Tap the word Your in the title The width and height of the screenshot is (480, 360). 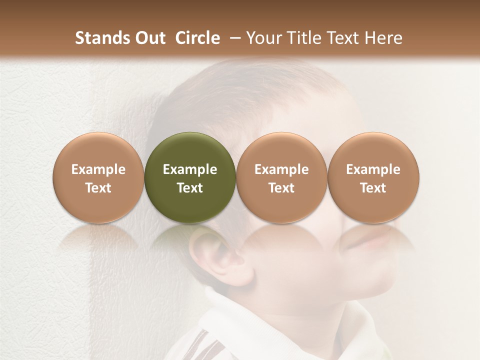point(265,38)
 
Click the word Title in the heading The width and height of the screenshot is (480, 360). point(303,38)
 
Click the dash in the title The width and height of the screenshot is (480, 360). point(233,38)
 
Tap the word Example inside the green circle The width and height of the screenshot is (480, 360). point(190,169)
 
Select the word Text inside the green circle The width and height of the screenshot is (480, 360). point(190,188)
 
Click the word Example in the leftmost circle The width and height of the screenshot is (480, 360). point(98,169)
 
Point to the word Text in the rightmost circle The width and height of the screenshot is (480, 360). point(373,188)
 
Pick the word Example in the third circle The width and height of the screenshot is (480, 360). point(281,169)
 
